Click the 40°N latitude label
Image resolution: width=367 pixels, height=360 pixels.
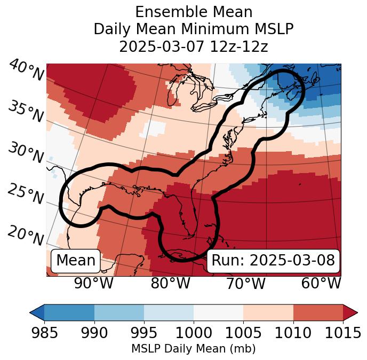[x=26, y=71]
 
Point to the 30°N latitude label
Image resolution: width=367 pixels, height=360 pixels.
[x=26, y=153]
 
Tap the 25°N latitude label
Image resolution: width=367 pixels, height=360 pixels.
[x=26, y=194]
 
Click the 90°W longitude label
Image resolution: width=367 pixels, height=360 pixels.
[x=94, y=283]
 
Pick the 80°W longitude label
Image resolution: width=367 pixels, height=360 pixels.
[x=170, y=283]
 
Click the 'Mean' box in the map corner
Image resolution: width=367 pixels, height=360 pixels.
[x=76, y=261]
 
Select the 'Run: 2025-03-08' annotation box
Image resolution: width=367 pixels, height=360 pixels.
[x=273, y=261]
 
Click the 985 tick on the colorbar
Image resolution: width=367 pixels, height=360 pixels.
[x=44, y=333]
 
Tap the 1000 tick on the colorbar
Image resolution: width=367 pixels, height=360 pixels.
[x=194, y=333]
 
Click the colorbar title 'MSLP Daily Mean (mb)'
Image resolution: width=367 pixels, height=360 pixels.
[x=193, y=349]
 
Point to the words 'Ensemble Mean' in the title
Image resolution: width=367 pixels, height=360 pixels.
[x=194, y=12]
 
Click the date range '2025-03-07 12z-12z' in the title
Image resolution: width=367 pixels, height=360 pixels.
[x=194, y=46]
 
